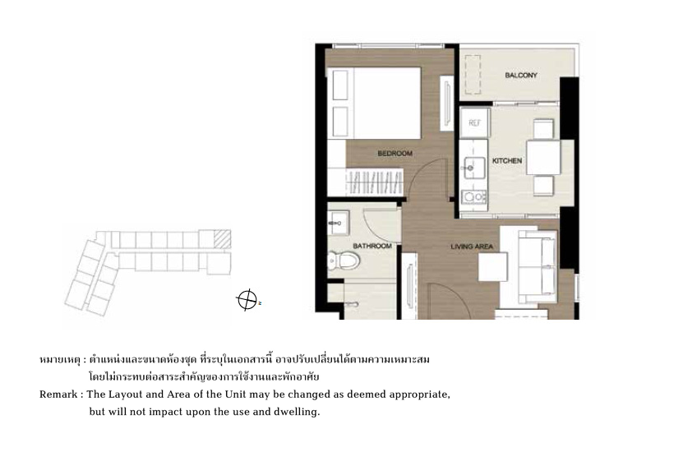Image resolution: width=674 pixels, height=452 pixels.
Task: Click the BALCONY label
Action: (x=521, y=75)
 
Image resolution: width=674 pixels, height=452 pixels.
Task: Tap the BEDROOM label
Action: (x=395, y=154)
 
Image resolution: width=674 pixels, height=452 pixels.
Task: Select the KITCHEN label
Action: (x=507, y=161)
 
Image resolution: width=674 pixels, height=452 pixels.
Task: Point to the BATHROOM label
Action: (x=372, y=246)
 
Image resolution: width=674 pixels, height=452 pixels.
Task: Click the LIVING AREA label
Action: (x=472, y=247)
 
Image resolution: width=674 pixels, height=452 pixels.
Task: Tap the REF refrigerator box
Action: (x=474, y=123)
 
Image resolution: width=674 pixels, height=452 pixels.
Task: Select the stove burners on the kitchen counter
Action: (x=473, y=196)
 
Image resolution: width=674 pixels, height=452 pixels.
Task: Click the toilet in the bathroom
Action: (x=344, y=261)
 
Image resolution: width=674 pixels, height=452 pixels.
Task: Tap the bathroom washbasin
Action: (x=339, y=223)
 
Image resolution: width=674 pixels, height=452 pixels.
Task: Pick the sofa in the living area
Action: (x=538, y=266)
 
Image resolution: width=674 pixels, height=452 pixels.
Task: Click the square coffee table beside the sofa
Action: (x=493, y=267)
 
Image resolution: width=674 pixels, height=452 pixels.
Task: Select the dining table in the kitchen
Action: (x=543, y=158)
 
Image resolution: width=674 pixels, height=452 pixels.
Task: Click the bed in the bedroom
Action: (x=374, y=103)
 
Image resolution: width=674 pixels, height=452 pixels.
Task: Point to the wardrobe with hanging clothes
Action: (x=375, y=182)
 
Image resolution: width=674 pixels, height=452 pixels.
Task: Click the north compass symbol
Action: (x=247, y=299)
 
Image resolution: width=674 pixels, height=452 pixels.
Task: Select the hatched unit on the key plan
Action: (x=222, y=239)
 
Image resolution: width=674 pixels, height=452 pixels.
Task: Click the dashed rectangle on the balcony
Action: (x=473, y=74)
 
